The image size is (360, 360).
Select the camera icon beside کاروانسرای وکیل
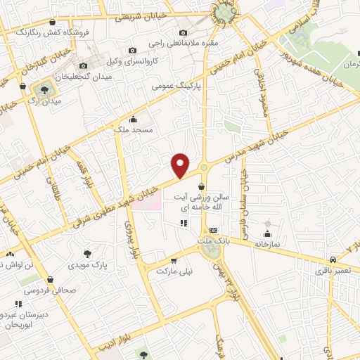click(x=133, y=50)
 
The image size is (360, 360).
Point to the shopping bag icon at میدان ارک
click(x=23, y=87)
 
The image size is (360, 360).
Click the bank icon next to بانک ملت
click(x=214, y=230)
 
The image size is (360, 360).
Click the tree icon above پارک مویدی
click(x=87, y=255)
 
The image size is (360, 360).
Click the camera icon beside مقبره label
click(x=184, y=32)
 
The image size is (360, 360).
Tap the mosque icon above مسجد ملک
click(x=134, y=119)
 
